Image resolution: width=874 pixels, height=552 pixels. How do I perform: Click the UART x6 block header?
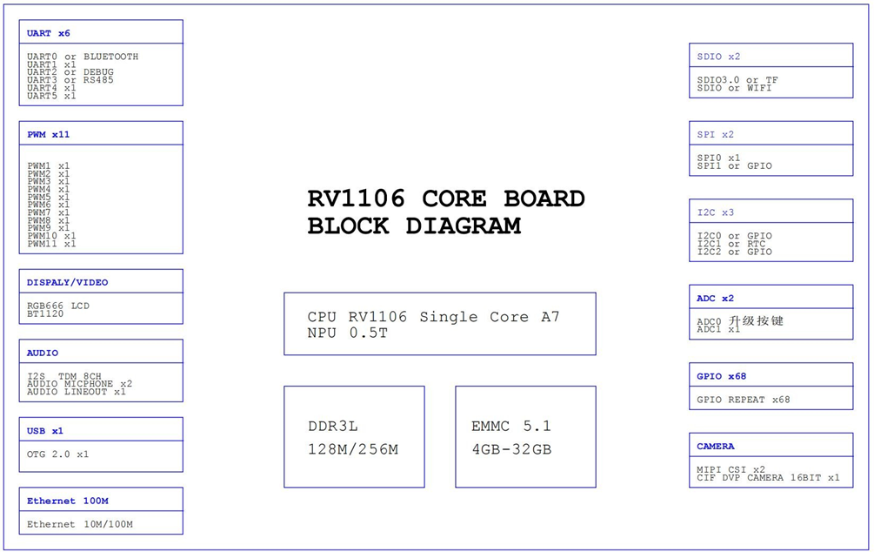click(x=49, y=33)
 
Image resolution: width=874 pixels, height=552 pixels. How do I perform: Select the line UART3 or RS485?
click(x=70, y=80)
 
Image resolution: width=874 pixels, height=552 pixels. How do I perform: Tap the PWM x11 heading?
click(x=49, y=134)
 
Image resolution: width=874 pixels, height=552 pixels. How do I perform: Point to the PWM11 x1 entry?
click(x=51, y=244)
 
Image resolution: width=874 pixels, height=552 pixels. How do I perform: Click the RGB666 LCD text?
click(x=58, y=306)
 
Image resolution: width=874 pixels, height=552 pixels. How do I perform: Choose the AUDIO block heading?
click(x=43, y=353)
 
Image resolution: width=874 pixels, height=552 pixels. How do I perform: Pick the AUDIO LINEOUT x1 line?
click(x=77, y=392)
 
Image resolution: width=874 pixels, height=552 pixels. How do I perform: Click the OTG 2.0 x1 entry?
click(x=57, y=454)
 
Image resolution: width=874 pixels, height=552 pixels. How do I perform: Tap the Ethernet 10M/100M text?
click(x=80, y=524)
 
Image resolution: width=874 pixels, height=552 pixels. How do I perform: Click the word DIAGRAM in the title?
click(x=463, y=226)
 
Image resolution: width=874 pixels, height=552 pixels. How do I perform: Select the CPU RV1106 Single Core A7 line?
click(x=433, y=317)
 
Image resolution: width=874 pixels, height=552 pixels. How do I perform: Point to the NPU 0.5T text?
click(x=347, y=333)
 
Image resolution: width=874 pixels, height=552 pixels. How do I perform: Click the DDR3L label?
click(x=333, y=427)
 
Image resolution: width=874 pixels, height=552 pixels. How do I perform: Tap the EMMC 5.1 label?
click(x=511, y=427)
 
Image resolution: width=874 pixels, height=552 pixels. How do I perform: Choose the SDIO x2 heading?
click(x=718, y=57)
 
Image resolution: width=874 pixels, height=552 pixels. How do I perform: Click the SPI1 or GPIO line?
click(x=734, y=165)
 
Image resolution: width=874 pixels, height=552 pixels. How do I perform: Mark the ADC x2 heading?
click(x=715, y=298)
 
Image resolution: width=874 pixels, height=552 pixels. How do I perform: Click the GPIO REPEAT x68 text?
click(x=744, y=400)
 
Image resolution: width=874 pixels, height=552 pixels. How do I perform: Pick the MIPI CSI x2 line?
click(x=731, y=469)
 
